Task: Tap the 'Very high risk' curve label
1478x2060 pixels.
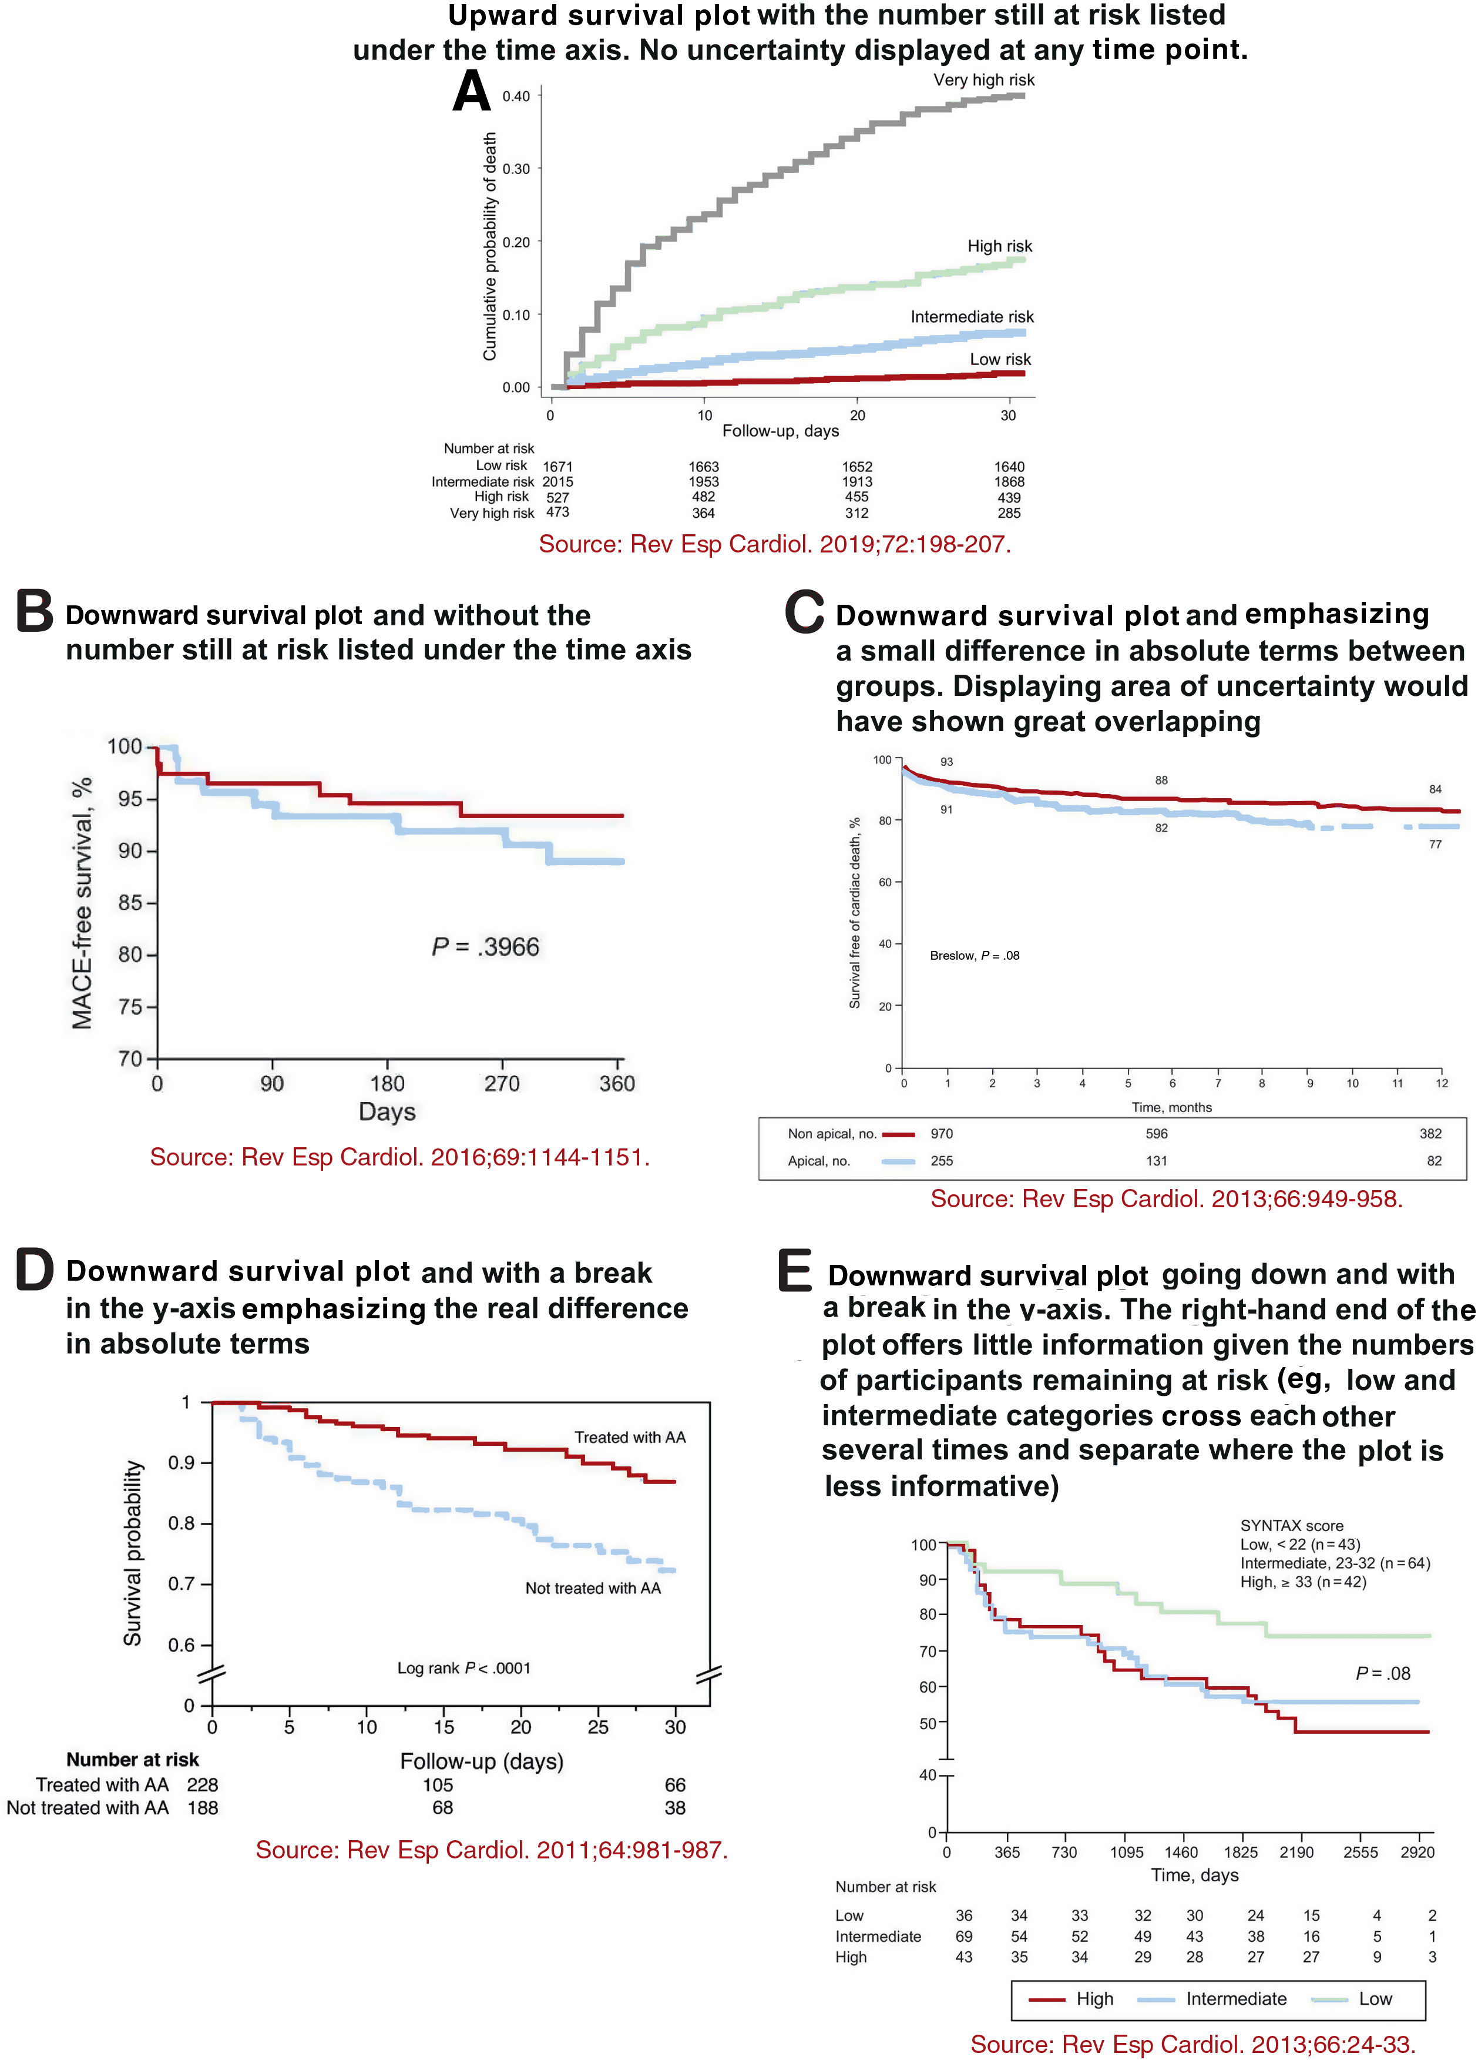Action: pyautogui.click(x=983, y=80)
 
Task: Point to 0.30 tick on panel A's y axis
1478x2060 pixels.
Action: pyautogui.click(x=516, y=169)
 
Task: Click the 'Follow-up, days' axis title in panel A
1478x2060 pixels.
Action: pyautogui.click(x=780, y=431)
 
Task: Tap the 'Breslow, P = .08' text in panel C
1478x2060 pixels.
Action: pyautogui.click(x=974, y=956)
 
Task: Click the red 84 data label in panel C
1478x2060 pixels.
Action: pyautogui.click(x=1435, y=789)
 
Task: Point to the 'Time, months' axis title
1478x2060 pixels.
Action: pyautogui.click(x=1171, y=1107)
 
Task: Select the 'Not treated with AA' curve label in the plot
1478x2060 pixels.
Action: pyautogui.click(x=593, y=1587)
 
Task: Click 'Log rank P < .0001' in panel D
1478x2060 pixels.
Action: pyautogui.click(x=463, y=1667)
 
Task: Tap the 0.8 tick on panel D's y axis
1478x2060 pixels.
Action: pyautogui.click(x=182, y=1523)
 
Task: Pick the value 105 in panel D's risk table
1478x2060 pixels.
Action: pyautogui.click(x=438, y=1785)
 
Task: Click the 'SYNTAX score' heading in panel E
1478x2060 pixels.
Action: pyautogui.click(x=1291, y=1526)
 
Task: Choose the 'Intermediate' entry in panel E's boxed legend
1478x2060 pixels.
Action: pyautogui.click(x=1235, y=1998)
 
